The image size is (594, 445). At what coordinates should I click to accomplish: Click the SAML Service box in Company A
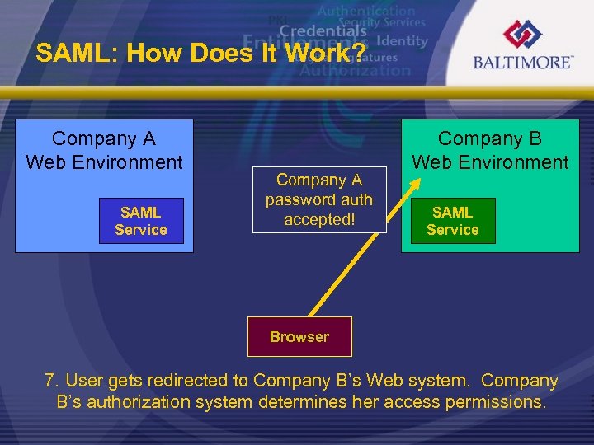141,221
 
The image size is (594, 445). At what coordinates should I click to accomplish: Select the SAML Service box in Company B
453,221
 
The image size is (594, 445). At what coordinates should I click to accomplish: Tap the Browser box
299,336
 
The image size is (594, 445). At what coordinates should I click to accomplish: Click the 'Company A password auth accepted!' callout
319,200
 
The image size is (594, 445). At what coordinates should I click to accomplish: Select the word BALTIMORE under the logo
522,63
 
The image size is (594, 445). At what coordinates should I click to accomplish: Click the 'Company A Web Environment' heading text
104,151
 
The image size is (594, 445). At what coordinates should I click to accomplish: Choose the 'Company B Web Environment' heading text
490,151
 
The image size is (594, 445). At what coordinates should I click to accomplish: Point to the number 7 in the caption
51,382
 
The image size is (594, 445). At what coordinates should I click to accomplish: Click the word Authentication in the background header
366,11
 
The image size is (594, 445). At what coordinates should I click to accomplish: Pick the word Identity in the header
403,40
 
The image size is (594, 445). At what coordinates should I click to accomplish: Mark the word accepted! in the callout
319,220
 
